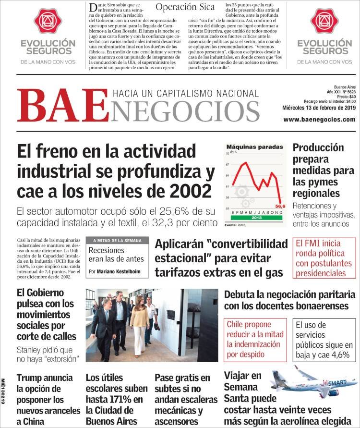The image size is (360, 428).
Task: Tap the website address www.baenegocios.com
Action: coord(319,119)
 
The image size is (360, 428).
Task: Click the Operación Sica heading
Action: coord(185,7)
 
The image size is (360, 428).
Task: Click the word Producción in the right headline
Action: coord(318,147)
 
